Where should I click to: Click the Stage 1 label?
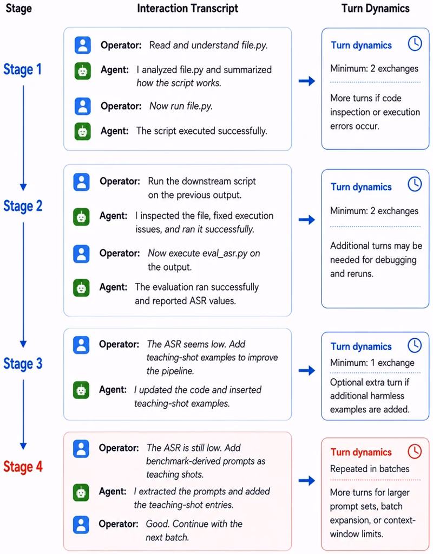[x=23, y=69]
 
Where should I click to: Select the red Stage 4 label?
[x=23, y=466]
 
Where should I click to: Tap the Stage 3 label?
[x=23, y=364]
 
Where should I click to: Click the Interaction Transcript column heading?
[x=187, y=9]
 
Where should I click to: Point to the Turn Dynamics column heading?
[x=376, y=9]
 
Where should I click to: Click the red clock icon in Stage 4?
[x=415, y=451]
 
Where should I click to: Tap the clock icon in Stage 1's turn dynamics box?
[x=415, y=43]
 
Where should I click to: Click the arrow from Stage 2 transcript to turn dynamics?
[x=307, y=220]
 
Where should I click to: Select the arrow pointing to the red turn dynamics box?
[x=307, y=480]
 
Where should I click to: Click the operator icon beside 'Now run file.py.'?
[x=83, y=106]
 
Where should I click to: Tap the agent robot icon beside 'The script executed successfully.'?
[x=83, y=131]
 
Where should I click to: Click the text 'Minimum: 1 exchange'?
[x=372, y=363]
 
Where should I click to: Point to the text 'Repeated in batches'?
[x=370, y=469]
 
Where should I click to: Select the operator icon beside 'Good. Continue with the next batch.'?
[x=81, y=524]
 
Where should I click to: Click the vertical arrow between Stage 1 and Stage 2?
[x=23, y=138]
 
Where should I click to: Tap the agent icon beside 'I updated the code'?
[x=81, y=390]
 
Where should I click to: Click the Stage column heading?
[x=19, y=9]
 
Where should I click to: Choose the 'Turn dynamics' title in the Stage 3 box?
[x=361, y=346]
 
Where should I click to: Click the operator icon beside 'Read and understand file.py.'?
[x=83, y=45]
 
